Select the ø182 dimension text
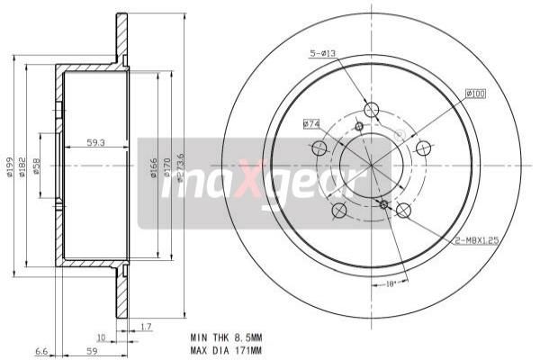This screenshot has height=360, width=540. pyautogui.click(x=24, y=166)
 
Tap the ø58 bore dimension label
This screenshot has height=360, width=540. pyautogui.click(x=37, y=166)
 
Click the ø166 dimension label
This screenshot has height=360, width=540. pyautogui.click(x=153, y=166)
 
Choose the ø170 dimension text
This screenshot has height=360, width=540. pyautogui.click(x=166, y=166)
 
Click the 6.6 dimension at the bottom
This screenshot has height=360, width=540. pyautogui.click(x=40, y=351)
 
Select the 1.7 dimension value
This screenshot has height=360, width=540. pyautogui.click(x=147, y=328)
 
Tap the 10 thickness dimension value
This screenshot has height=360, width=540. pyautogui.click(x=102, y=337)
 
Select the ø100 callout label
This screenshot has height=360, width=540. pyautogui.click(x=476, y=93)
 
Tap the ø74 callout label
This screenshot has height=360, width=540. pyautogui.click(x=311, y=123)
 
